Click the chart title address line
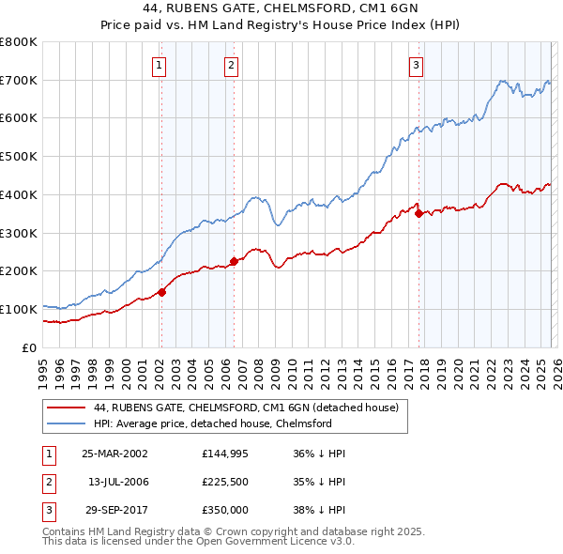coord(281,10)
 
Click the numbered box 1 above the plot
coord(160,65)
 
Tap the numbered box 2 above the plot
coord(231,65)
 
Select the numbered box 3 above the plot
coord(416,65)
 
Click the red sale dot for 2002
coord(161,292)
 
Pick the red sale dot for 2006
coord(234,261)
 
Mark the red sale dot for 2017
coord(418,213)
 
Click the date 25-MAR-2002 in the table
coord(114,454)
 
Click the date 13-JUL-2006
coord(117,481)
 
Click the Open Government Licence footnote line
coord(199,542)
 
